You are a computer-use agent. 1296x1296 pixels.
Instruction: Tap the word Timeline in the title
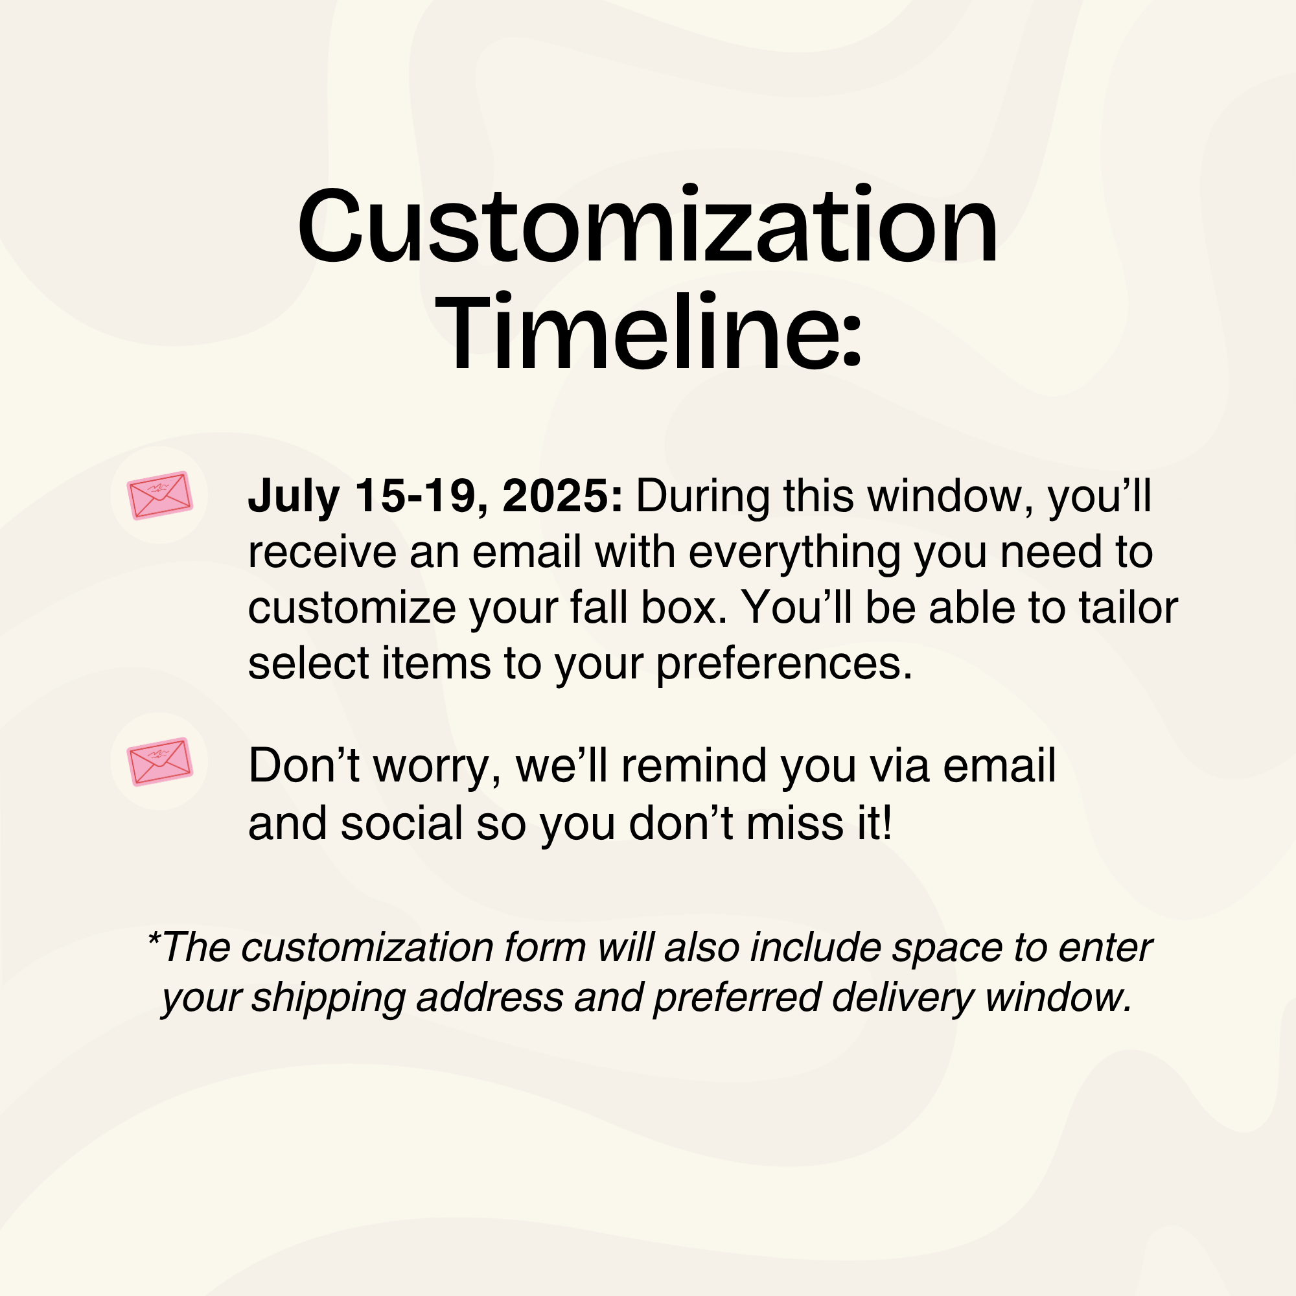pos(641,331)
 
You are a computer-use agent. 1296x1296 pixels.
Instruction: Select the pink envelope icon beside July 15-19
pos(159,495)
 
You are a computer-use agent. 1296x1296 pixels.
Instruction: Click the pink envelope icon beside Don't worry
pos(159,761)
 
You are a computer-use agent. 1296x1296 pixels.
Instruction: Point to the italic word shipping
pos(328,999)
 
